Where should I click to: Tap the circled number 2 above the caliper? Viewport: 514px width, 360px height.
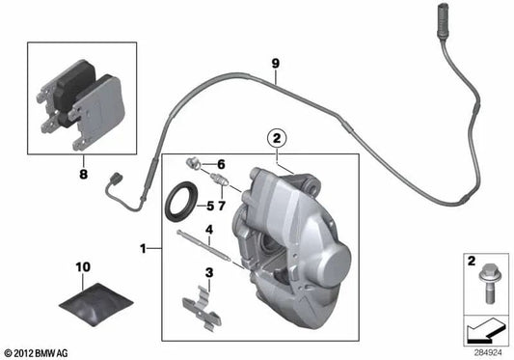278,139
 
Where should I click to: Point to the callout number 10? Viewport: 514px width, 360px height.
81,264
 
